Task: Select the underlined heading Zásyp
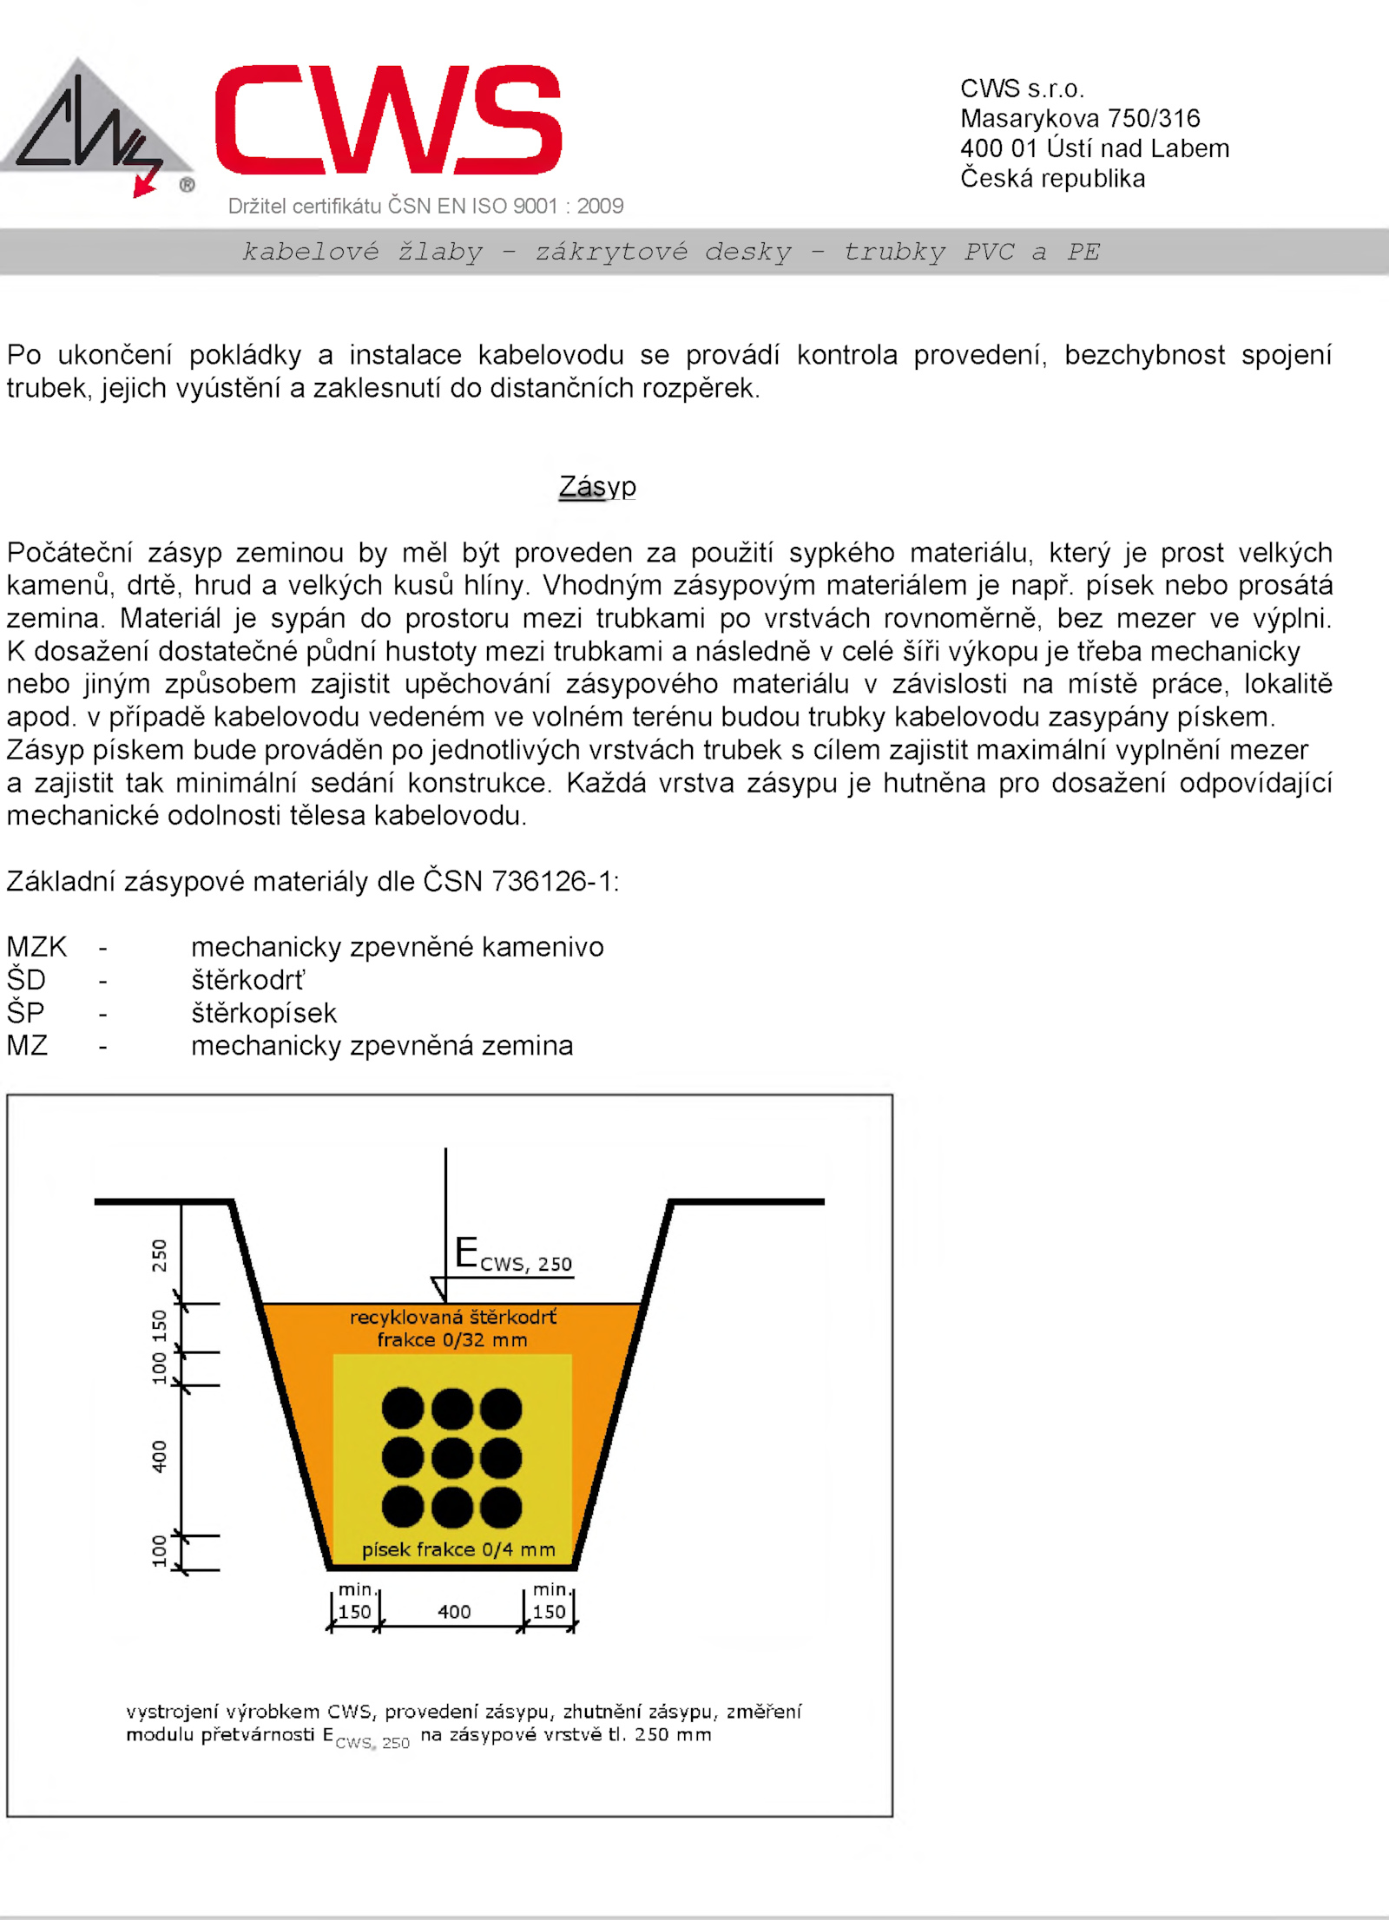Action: tap(597, 486)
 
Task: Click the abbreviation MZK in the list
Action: tap(36, 947)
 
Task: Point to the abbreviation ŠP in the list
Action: tap(25, 1013)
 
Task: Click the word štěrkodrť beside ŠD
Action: tap(248, 980)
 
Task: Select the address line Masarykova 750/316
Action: tap(1080, 118)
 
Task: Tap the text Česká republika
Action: tap(1052, 179)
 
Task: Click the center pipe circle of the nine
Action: tap(452, 1457)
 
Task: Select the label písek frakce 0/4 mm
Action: tap(458, 1549)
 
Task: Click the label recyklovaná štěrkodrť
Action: tap(453, 1318)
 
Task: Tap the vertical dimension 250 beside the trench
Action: tap(160, 1255)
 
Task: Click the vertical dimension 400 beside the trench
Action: tap(160, 1456)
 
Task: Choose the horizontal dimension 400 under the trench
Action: tap(454, 1612)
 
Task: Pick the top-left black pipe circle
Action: tap(403, 1408)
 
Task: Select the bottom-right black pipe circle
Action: tap(501, 1507)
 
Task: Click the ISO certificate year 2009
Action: tap(600, 206)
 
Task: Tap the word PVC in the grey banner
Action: tap(989, 252)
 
